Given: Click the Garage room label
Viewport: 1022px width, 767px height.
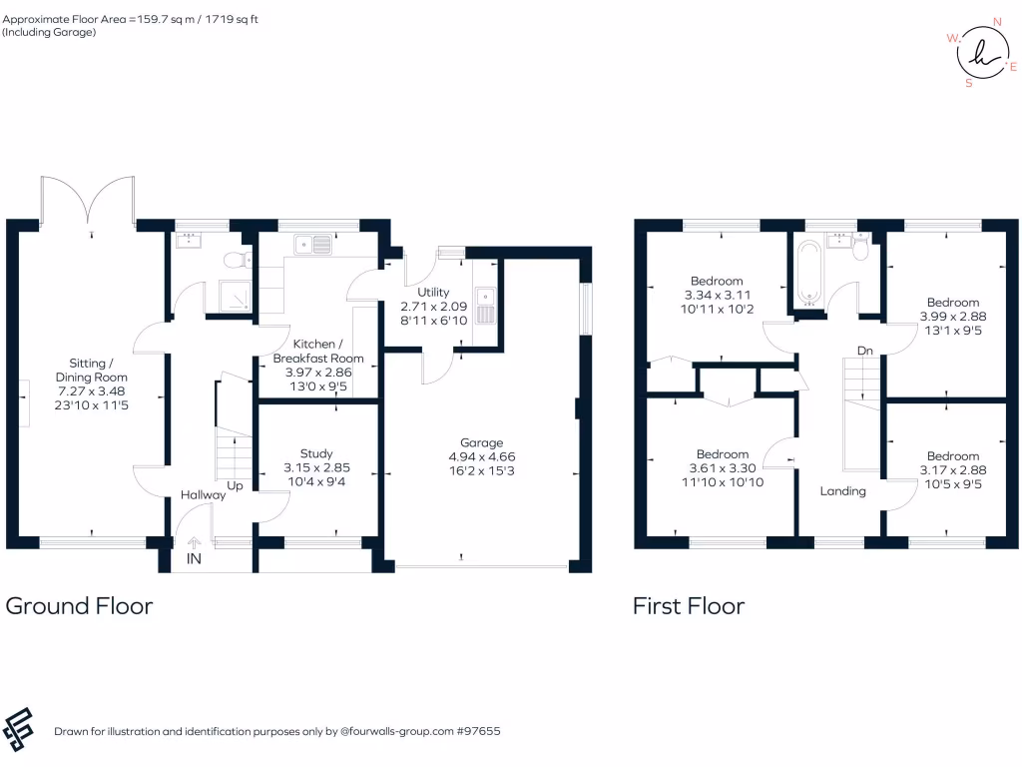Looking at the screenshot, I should coord(481,442).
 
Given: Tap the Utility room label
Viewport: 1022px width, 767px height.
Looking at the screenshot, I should coord(433,292).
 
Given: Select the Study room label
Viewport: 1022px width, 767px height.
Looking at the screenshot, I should coord(316,453).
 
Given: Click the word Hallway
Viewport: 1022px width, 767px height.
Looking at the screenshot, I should coord(203,494).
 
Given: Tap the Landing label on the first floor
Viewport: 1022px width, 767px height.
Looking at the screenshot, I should coord(843,491).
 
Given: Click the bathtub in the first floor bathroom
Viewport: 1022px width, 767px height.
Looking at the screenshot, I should coord(806,270).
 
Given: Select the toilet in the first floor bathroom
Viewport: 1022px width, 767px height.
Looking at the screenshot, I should coord(861,253).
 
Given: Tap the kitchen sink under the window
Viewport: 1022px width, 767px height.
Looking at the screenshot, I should coord(313,243).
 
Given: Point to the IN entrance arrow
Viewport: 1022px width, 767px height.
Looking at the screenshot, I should coord(194,544).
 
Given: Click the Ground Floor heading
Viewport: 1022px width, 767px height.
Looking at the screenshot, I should coord(80,605).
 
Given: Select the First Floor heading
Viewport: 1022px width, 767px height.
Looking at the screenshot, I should coord(689,605).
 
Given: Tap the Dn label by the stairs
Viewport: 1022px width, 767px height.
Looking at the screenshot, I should coord(865,351).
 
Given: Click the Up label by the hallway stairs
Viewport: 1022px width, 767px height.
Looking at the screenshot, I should coord(236,485).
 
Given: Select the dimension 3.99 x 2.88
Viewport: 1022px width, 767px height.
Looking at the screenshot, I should coord(952,316).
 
